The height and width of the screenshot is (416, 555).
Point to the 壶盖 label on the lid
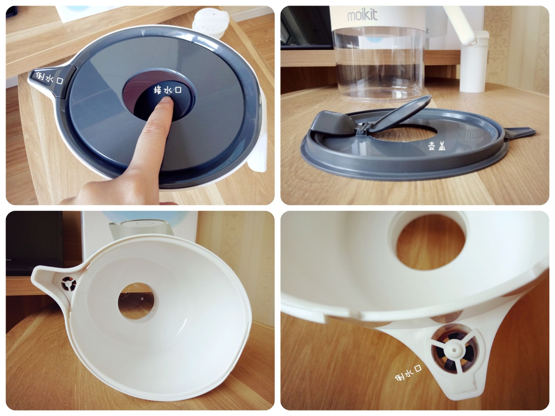point(437,146)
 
